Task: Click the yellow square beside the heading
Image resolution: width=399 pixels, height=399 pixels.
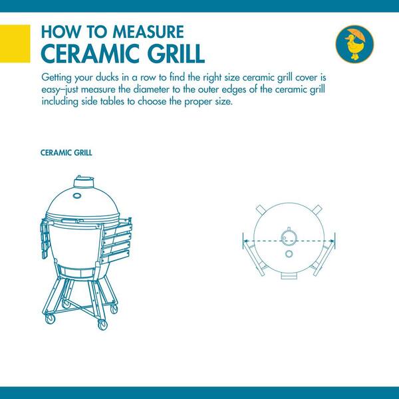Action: click(x=15, y=43)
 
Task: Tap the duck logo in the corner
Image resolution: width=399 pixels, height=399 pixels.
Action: click(x=354, y=44)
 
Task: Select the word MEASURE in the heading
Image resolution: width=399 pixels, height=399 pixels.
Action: click(x=148, y=32)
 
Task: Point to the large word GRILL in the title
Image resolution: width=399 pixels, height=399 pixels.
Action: click(x=175, y=54)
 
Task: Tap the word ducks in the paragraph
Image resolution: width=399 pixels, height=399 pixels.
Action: click(x=107, y=77)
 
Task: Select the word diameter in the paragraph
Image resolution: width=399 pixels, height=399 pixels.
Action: click(x=151, y=90)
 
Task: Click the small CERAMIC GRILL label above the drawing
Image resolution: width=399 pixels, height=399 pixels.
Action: click(x=66, y=153)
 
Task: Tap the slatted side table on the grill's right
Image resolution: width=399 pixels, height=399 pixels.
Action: click(x=116, y=240)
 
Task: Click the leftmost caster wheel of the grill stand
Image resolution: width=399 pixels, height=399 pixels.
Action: click(x=50, y=319)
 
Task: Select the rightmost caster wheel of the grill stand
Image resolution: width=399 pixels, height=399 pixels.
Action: click(x=114, y=309)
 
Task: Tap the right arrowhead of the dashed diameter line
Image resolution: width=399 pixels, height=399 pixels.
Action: click(x=332, y=241)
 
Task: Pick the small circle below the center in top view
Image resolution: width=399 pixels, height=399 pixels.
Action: click(x=289, y=254)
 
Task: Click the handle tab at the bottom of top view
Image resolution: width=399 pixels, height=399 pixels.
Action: click(x=289, y=276)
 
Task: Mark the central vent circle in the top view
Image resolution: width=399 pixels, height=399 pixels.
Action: click(x=289, y=238)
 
